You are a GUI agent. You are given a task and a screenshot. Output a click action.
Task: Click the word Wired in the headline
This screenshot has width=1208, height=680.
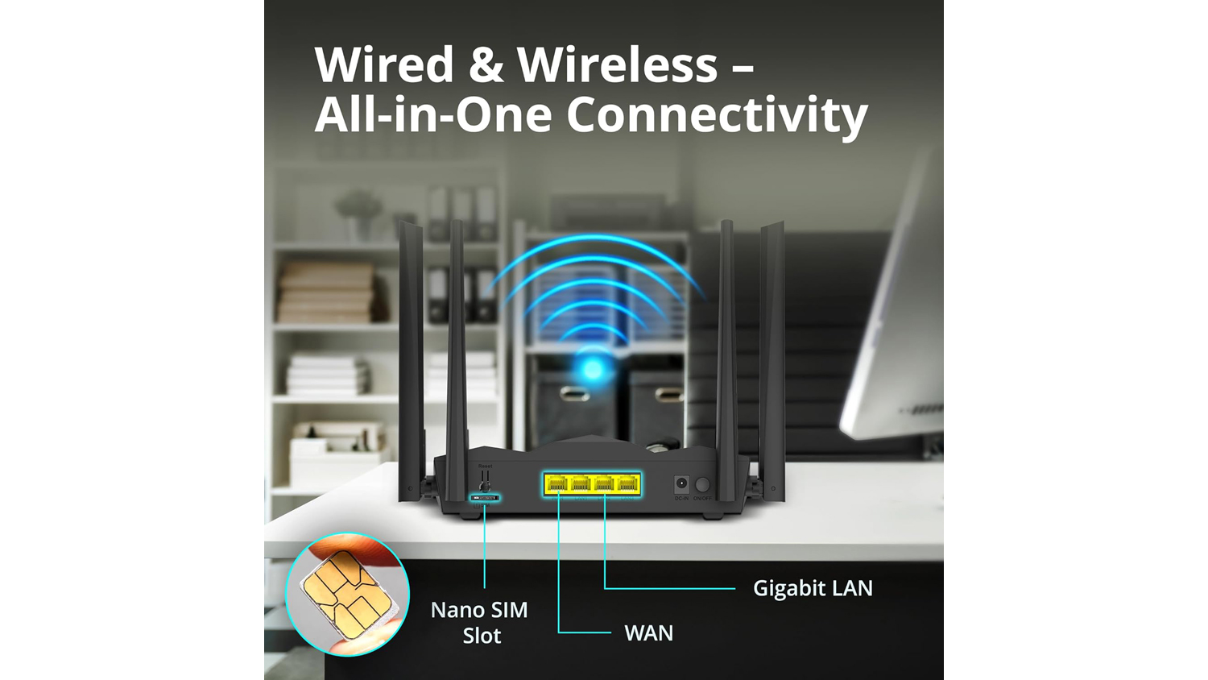(x=384, y=64)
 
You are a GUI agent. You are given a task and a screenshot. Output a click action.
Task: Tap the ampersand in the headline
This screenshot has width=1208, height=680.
(x=486, y=64)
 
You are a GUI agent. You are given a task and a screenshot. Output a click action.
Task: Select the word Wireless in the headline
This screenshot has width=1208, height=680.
(x=617, y=64)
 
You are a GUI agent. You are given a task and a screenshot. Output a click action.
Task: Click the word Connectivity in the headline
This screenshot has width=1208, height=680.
(x=717, y=114)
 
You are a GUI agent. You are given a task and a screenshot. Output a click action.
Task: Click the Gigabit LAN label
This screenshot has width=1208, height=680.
(x=813, y=588)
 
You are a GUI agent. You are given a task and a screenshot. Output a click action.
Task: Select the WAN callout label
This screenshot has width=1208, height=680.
(x=648, y=633)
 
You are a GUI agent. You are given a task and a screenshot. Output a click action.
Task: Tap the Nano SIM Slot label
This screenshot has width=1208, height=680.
(x=480, y=622)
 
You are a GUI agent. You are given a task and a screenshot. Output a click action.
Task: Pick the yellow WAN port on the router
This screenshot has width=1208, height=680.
(x=557, y=484)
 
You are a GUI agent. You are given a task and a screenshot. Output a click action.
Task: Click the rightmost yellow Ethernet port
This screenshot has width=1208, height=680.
(x=627, y=484)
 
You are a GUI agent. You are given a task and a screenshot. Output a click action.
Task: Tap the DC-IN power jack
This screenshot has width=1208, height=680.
(x=681, y=484)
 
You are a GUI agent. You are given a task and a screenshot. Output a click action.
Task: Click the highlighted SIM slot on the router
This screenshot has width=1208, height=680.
(x=485, y=498)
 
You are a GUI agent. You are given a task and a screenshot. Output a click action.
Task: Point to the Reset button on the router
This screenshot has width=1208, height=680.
(x=485, y=481)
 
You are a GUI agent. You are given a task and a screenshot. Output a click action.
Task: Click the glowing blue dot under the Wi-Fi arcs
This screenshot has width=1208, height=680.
(x=594, y=370)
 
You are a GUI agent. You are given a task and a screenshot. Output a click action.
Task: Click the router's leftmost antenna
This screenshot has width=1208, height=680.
(x=411, y=355)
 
